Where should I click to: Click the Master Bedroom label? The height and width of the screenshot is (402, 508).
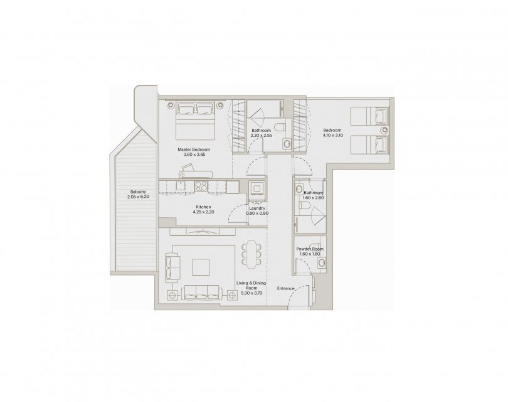point(194,149)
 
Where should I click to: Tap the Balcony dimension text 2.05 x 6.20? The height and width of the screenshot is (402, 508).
point(139,197)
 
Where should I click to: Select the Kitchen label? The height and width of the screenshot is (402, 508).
point(203,207)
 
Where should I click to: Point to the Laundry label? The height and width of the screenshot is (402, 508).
point(257,209)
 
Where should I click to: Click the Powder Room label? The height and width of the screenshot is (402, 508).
point(310,249)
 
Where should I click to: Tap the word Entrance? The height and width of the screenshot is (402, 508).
point(286,288)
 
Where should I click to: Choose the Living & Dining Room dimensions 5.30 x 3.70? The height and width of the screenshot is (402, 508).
point(251,293)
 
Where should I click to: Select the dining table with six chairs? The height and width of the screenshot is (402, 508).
point(251,254)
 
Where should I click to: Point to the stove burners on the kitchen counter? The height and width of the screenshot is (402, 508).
point(201,186)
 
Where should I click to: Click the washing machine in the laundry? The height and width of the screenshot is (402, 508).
point(258,188)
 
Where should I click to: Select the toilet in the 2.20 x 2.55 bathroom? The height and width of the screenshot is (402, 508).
point(279,126)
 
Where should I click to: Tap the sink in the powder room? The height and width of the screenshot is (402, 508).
point(321,263)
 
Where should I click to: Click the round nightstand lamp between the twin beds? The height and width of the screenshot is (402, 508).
point(384,130)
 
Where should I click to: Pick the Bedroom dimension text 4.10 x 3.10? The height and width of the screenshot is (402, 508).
point(333,135)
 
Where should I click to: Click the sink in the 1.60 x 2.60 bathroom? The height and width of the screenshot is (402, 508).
point(299,189)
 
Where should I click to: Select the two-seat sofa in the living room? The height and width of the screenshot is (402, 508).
point(172,267)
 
